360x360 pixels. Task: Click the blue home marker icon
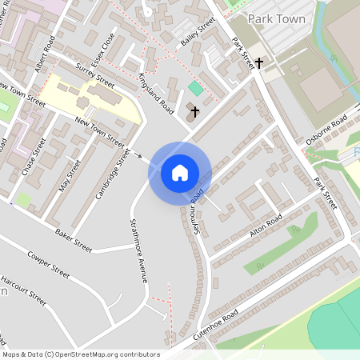tap(180, 172)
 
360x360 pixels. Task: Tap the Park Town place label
tap(278, 18)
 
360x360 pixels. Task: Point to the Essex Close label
tap(104, 48)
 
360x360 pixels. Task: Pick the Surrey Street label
tap(95, 74)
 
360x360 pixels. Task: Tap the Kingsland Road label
tap(155, 92)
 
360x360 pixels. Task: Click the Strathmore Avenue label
tap(138, 250)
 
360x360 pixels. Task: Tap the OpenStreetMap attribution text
tap(80, 354)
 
